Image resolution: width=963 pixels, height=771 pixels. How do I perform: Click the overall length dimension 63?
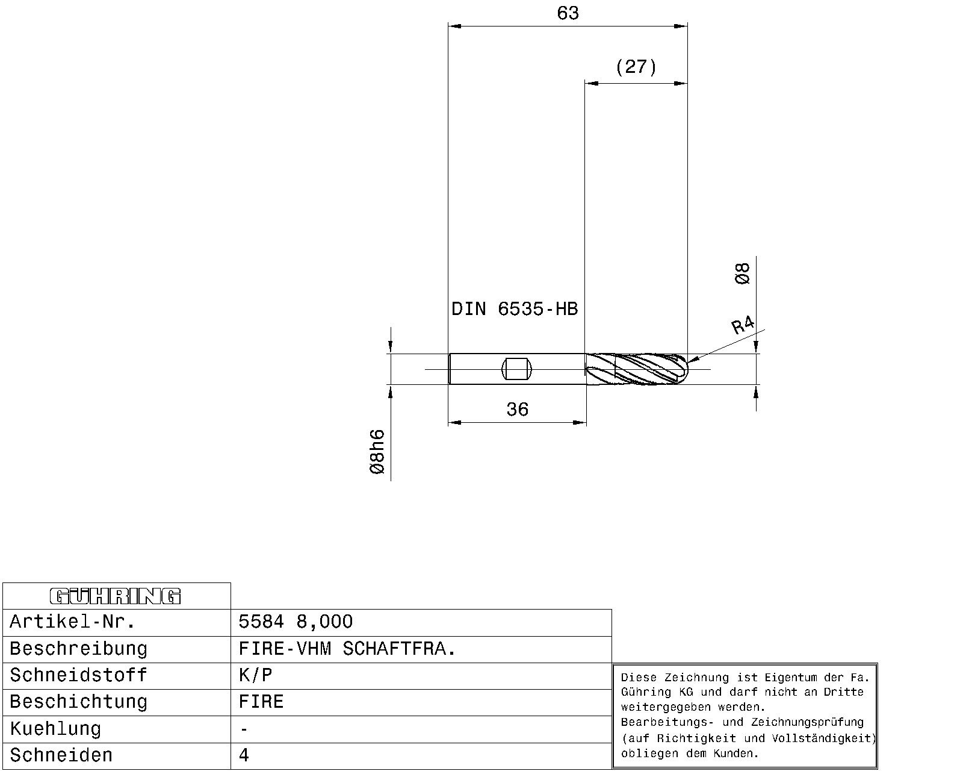(568, 13)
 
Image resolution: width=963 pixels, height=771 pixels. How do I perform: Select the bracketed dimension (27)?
(636, 67)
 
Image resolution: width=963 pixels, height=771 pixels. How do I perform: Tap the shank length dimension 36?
(517, 409)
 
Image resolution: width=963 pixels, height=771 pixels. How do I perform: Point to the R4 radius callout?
(743, 325)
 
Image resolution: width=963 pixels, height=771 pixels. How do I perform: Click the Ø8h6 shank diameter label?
(377, 452)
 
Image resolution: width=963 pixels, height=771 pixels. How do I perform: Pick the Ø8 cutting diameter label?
(742, 273)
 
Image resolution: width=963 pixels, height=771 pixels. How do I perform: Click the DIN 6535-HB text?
(515, 308)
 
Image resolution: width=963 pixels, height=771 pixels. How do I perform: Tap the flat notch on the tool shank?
(516, 369)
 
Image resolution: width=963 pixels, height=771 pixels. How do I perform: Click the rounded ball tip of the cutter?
(681, 369)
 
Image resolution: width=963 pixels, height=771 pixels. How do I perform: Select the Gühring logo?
(116, 596)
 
